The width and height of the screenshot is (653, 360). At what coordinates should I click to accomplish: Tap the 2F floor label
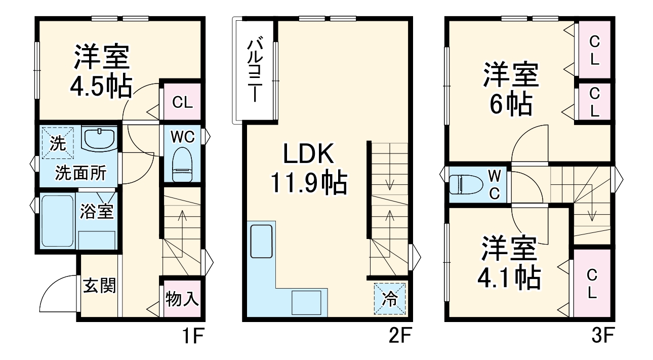(x=396, y=336)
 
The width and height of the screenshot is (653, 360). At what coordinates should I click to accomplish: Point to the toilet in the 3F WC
(x=465, y=185)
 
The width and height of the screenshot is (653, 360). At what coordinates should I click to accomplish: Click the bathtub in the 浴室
(x=57, y=221)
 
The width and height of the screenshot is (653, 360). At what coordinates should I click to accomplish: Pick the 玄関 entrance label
(x=100, y=286)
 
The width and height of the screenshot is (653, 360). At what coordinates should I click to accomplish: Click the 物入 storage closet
(x=182, y=298)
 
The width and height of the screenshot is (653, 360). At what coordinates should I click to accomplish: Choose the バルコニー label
(x=254, y=71)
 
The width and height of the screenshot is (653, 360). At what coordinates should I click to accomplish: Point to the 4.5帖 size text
(x=101, y=86)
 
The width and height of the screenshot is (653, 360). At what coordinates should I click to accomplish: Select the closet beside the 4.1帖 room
(x=592, y=284)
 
